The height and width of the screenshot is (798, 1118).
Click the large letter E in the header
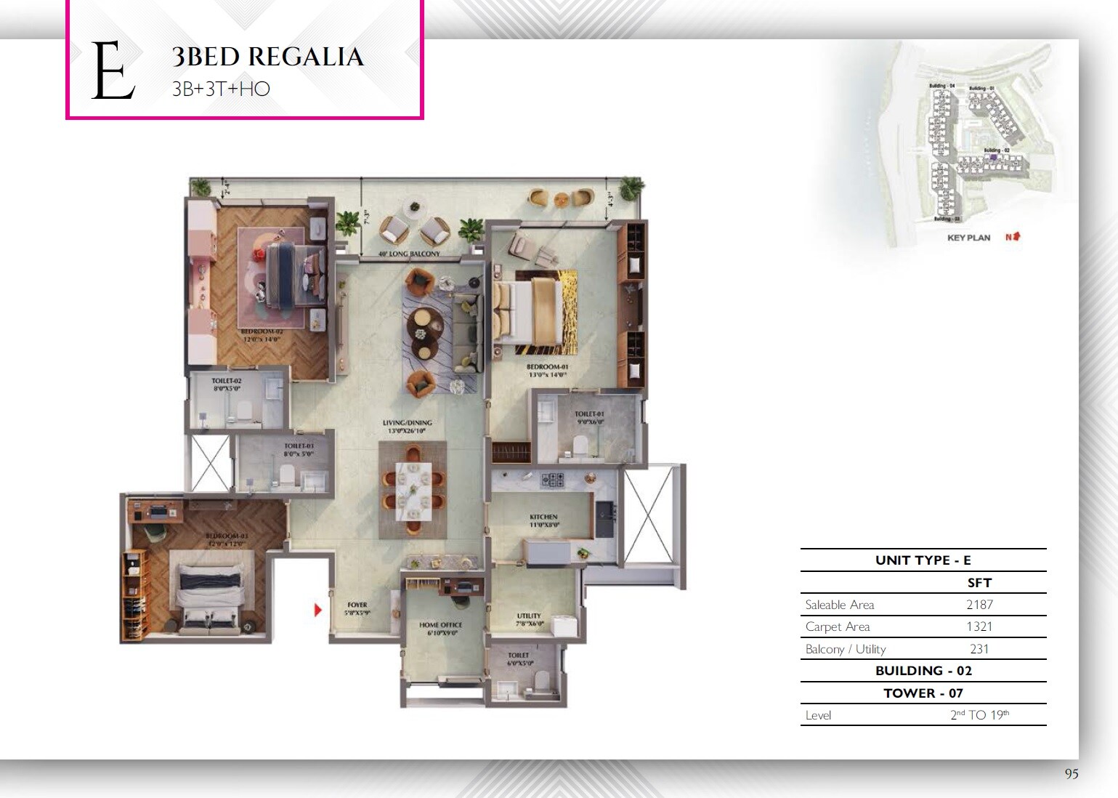click(113, 71)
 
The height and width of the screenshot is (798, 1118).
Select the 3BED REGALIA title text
click(267, 57)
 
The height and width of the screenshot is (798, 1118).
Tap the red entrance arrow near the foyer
click(317, 610)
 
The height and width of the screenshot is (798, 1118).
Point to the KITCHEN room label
click(543, 517)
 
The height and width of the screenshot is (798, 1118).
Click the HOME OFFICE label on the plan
click(440, 625)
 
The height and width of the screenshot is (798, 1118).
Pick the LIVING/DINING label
click(408, 422)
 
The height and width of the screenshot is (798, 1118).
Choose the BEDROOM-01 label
click(547, 367)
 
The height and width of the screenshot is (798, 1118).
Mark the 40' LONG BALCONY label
click(410, 254)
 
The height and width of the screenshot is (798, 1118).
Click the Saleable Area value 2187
click(979, 605)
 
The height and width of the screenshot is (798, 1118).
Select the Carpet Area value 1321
click(979, 626)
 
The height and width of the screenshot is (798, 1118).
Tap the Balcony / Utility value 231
click(979, 649)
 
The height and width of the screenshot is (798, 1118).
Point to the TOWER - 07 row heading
click(923, 693)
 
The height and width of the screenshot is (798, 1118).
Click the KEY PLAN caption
click(968, 238)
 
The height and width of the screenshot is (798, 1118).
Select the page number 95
click(1072, 774)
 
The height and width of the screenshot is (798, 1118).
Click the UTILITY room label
click(529, 616)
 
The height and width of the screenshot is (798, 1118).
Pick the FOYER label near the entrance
click(357, 605)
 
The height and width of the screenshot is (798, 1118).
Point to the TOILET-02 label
click(227, 381)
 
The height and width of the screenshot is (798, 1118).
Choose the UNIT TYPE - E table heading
click(923, 560)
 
